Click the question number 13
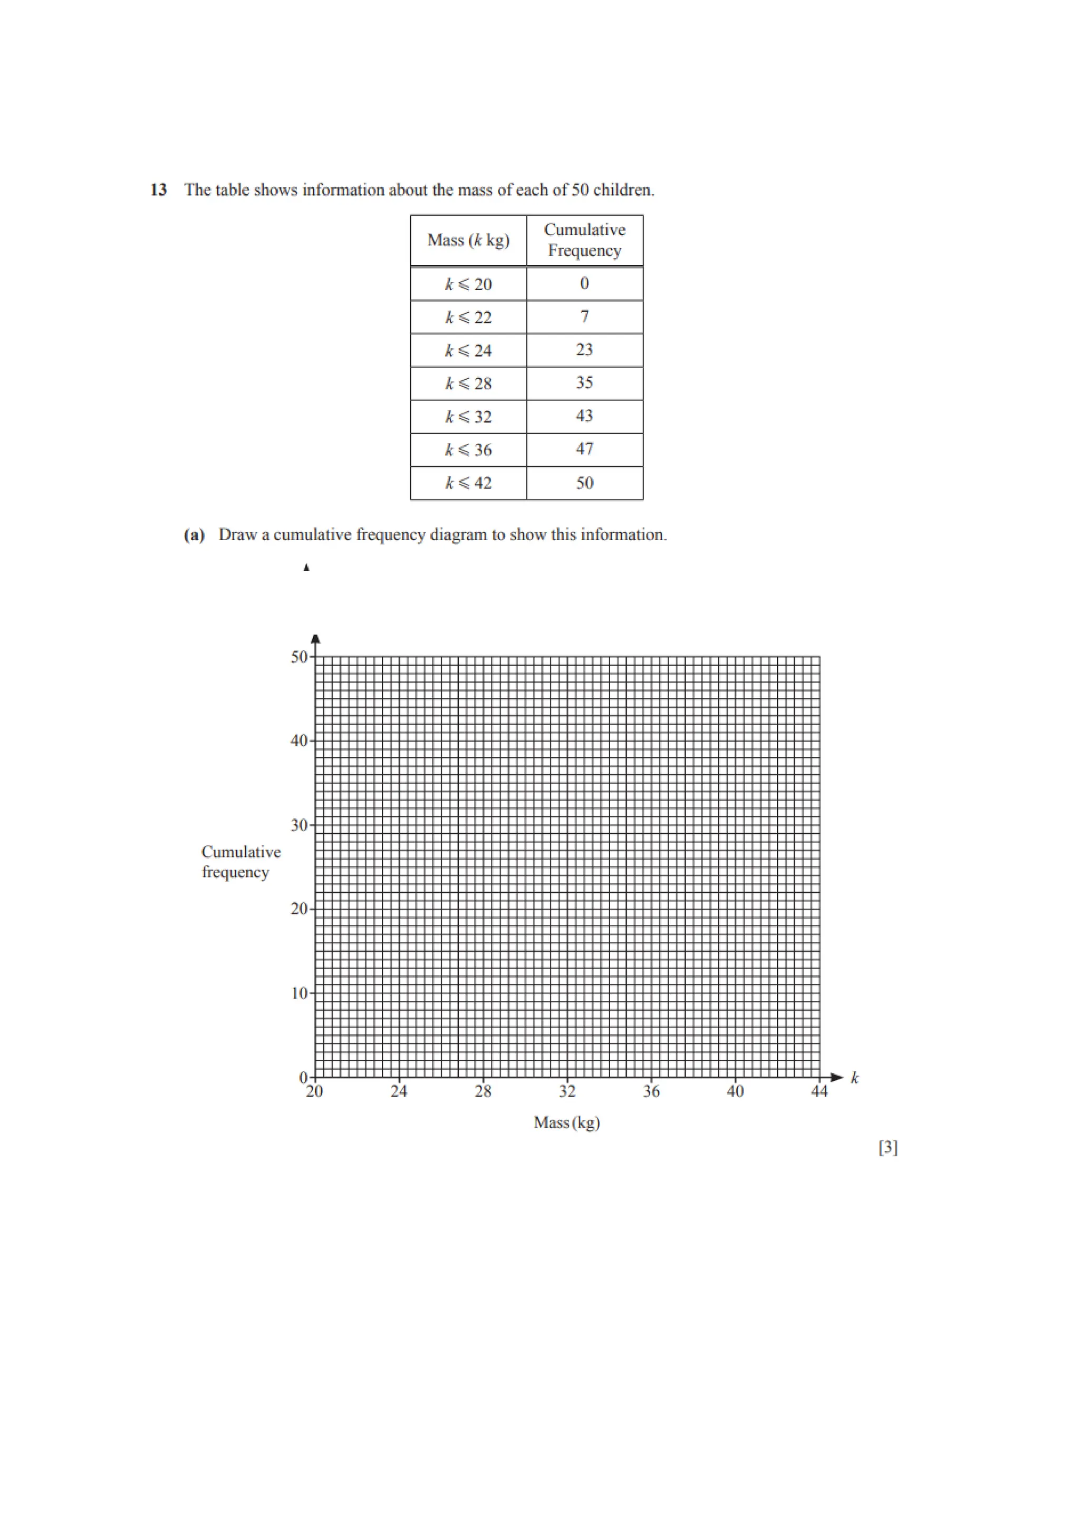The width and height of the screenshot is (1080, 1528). pos(158,190)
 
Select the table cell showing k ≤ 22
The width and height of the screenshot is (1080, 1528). pos(468,318)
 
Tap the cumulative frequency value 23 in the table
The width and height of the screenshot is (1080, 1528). pos(584,350)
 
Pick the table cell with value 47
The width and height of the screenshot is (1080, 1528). pos(584,449)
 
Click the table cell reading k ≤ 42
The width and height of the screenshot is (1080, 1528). pos(468,483)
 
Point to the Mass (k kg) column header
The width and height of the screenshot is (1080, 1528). pos(468,240)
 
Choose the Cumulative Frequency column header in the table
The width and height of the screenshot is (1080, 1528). pos(584,240)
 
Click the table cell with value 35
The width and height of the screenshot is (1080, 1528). pos(584,383)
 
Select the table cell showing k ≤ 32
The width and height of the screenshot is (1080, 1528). pos(468,417)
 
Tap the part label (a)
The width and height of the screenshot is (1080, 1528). pos(194,535)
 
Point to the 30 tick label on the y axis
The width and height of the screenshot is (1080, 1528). pos(299,825)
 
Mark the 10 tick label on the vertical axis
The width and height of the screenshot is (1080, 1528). pos(299,994)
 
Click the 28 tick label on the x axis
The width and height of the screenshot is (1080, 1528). pos(483,1091)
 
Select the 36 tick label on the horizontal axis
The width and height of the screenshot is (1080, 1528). pos(651,1091)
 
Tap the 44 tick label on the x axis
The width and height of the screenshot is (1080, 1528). pos(819,1091)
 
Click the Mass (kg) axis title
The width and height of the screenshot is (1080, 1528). pos(567,1123)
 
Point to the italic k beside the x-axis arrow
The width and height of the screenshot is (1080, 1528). pos(854,1078)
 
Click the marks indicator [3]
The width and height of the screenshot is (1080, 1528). pos(888,1147)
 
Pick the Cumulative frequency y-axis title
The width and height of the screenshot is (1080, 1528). pos(241,862)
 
